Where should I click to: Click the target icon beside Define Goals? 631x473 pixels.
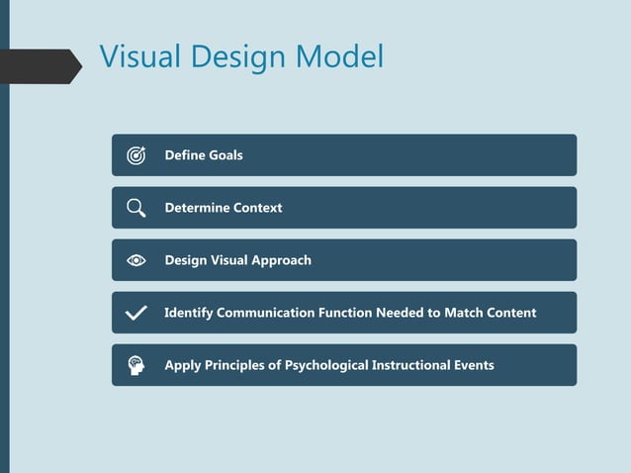136,155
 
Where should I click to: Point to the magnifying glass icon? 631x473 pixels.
136,208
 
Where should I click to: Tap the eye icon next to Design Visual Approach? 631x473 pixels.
136,260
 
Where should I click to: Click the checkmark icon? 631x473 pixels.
136,313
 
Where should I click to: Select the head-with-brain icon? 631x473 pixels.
136,365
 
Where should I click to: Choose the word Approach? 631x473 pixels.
281,260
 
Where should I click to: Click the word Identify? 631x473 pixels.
188,313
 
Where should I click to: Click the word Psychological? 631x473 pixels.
325,365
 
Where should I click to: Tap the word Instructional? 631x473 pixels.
412,365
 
